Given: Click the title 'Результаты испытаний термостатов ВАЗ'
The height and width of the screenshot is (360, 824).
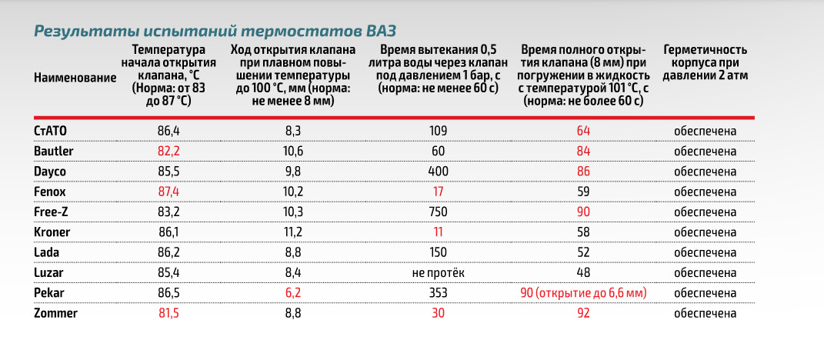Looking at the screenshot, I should click(x=215, y=32).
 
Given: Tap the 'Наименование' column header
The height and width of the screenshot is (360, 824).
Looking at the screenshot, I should click(x=75, y=78).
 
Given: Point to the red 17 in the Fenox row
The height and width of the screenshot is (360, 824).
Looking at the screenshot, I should click(x=439, y=191).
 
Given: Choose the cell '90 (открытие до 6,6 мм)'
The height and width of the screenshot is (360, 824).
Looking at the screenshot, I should click(x=583, y=293).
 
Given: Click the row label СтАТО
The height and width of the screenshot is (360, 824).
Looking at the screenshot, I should click(x=51, y=130).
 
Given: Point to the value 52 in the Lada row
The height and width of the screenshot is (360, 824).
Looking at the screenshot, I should click(x=583, y=252).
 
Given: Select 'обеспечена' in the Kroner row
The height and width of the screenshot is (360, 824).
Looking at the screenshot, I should click(x=706, y=232).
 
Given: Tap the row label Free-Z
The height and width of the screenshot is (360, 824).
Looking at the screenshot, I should click(x=52, y=212).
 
